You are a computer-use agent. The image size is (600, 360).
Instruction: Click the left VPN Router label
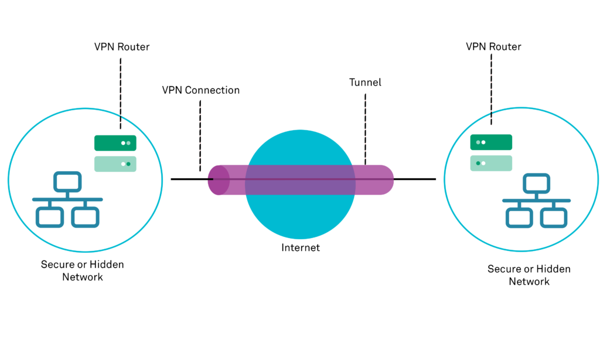121,46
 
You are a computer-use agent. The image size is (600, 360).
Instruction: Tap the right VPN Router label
493,46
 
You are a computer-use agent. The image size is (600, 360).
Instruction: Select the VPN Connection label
200,90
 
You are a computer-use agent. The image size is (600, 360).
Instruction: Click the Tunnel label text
364,83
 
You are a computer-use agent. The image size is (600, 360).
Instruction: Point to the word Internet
301,247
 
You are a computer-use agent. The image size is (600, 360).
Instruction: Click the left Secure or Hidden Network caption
82,270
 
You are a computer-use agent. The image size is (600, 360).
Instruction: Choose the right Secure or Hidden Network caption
529,275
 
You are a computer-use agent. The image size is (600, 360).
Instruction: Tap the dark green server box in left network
115,142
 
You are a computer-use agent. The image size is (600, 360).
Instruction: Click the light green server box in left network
115,164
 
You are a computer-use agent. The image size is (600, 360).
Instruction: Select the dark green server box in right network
491,142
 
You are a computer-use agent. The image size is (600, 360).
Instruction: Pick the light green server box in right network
491,163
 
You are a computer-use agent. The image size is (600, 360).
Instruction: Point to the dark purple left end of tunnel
218,179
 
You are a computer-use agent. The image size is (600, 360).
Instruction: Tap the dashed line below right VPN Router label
491,88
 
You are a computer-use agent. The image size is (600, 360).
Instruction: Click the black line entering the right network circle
422,179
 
